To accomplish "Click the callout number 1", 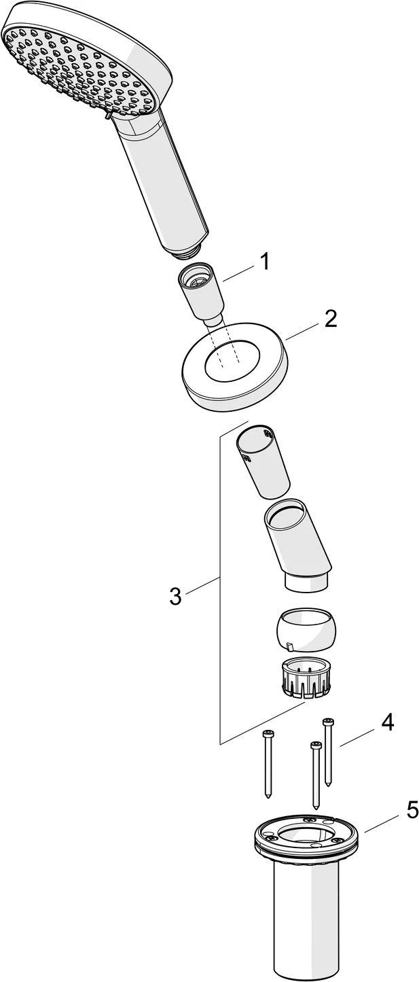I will coord(264,261).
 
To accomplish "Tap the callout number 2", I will coord(330,319).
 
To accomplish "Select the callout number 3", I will coord(175,597).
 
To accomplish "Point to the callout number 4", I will coord(387,722).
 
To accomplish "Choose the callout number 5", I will coord(412,810).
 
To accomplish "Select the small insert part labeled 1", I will coord(202,292).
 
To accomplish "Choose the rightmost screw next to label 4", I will coord(328,751).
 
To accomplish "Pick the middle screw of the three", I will coord(314,775).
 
